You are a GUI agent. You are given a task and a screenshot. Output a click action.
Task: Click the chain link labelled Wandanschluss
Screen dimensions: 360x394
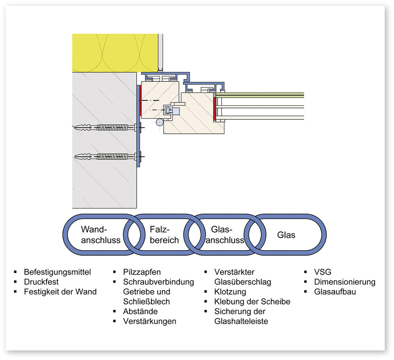tap(100, 234)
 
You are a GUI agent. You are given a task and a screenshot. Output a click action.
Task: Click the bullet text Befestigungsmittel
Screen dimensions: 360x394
tap(57, 272)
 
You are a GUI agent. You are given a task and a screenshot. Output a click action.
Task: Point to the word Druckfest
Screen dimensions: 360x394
tap(41, 282)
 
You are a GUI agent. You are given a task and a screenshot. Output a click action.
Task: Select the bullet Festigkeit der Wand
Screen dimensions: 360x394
tap(60, 292)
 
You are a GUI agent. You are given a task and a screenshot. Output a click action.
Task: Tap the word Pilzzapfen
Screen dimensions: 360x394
tap(142, 272)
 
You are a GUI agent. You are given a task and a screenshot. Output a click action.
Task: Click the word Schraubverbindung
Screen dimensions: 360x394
tap(158, 282)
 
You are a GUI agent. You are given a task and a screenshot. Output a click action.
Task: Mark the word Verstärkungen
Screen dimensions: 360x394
tap(150, 322)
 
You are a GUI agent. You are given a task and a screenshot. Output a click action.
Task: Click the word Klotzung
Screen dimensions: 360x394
tap(230, 292)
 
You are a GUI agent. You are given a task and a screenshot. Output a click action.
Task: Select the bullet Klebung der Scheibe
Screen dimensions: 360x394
tap(252, 302)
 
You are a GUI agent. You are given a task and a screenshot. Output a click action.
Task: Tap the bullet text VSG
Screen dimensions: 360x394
tap(323, 272)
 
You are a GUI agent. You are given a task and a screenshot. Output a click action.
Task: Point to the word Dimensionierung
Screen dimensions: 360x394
tap(345, 282)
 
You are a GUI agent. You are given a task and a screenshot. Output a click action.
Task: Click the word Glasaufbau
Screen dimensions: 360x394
tap(335, 292)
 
